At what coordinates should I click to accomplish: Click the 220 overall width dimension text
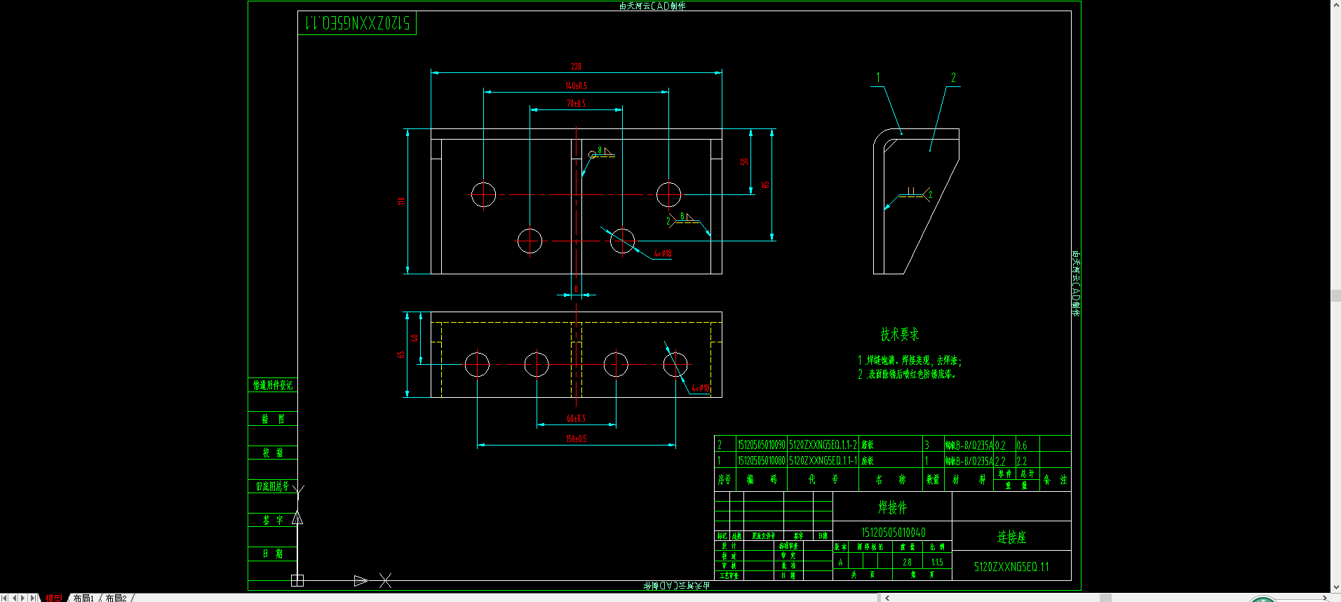[x=576, y=67]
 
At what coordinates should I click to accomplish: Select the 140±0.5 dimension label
[x=576, y=86]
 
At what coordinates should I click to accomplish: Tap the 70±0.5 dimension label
[x=576, y=104]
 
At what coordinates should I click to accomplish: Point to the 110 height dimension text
[x=401, y=201]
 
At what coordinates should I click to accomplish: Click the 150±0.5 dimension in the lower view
[x=576, y=439]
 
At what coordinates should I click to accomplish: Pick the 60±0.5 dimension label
[x=576, y=419]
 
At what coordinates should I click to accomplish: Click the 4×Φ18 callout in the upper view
[x=663, y=253]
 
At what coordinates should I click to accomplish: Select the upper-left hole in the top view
[x=483, y=194]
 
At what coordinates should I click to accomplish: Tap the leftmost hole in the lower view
[x=477, y=364]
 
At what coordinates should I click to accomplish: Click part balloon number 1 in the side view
[x=878, y=78]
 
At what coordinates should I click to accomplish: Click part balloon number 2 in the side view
[x=953, y=78]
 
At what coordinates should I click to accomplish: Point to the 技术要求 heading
[x=899, y=335]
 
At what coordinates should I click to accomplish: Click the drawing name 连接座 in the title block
[x=1011, y=537]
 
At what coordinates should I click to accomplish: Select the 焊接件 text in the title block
[x=892, y=507]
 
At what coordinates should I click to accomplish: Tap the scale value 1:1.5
[x=937, y=562]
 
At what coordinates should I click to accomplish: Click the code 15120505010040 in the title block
[x=893, y=533]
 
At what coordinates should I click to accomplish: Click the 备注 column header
[x=1055, y=480]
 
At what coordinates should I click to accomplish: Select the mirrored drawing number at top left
[x=357, y=23]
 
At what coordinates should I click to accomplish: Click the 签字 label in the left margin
[x=273, y=520]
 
